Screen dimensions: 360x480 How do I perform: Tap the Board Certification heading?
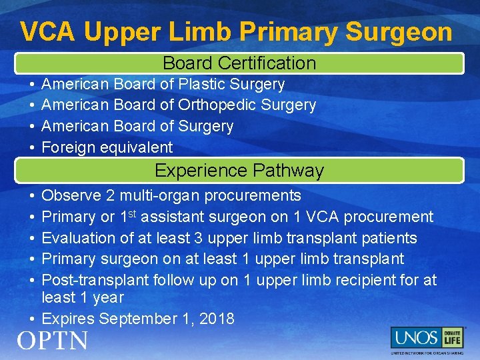[x=239, y=63]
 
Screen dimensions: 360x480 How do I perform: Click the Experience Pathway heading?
[x=239, y=171]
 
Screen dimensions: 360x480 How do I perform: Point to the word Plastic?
[x=202, y=85]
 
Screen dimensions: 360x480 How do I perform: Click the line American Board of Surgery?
[x=137, y=126]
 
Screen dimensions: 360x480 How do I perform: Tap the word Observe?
[x=71, y=196]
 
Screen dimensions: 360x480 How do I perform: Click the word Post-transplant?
[x=94, y=280]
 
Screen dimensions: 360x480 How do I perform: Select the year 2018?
[x=217, y=319]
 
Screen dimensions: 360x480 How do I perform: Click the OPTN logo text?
[x=53, y=341]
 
